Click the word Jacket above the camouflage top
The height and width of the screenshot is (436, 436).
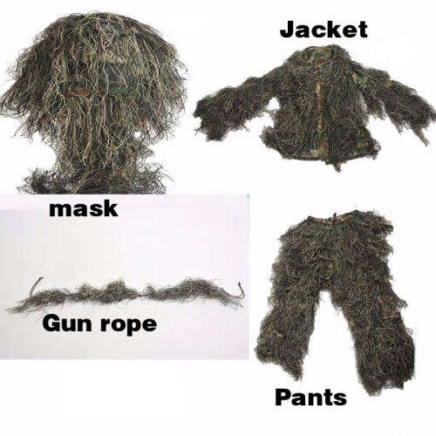(x=324, y=29)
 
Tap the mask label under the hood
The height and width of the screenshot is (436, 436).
(x=84, y=209)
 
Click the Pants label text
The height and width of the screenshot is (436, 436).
(x=310, y=398)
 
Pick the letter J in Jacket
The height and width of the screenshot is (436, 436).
(x=287, y=29)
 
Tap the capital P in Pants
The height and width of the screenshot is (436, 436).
(x=283, y=398)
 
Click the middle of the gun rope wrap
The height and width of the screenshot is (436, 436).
(x=131, y=292)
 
